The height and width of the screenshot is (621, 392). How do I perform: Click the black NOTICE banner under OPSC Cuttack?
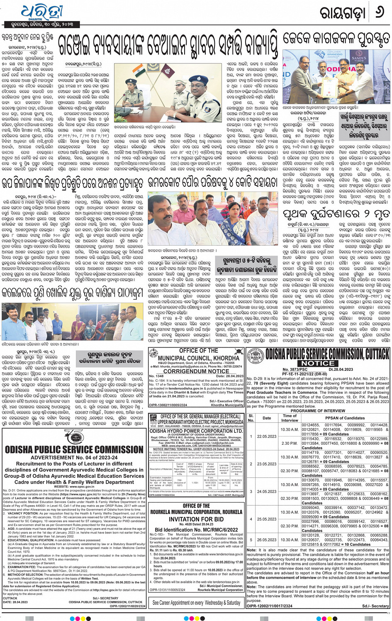click(x=318, y=363)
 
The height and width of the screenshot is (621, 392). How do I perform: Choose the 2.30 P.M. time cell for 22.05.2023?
click(x=290, y=443)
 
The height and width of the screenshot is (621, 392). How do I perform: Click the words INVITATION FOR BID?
click(x=196, y=519)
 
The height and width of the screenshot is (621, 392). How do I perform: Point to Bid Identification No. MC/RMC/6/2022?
click(x=196, y=530)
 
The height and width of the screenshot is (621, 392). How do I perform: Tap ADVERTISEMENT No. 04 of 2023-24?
click(x=74, y=458)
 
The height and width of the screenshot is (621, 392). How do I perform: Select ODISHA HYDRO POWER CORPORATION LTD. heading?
click(x=196, y=431)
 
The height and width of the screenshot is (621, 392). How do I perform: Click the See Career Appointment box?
click(x=196, y=602)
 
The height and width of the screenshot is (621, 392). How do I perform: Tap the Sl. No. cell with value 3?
click(x=251, y=492)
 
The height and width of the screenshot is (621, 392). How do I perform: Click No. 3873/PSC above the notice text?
click(x=295, y=369)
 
